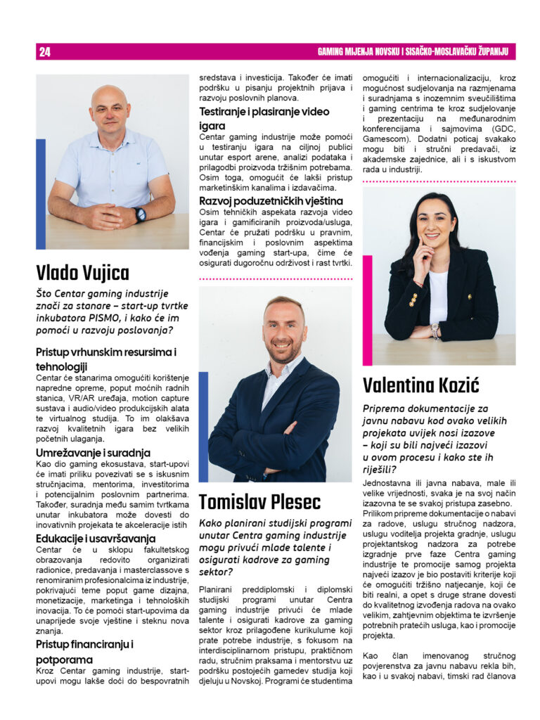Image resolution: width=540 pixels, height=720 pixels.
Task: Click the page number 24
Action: pos(45,52)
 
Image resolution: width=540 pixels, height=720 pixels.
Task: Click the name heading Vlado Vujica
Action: pos(83,272)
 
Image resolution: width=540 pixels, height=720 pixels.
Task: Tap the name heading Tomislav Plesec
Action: pos(259,502)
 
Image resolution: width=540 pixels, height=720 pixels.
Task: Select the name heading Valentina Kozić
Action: pos(420,385)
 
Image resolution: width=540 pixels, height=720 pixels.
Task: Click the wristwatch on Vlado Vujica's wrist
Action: pos(141,214)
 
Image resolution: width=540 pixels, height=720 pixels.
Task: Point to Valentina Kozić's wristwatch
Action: pos(436,330)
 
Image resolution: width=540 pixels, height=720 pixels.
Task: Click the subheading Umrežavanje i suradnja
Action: pos(93,453)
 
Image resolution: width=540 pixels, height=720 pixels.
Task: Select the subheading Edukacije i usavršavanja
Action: pos(96,539)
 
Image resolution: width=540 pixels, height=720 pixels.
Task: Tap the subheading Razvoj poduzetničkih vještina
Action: pos(271,201)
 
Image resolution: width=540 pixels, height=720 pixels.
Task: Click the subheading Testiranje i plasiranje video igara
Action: pos(264,118)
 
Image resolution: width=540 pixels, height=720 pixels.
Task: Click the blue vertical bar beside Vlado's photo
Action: pos(41,193)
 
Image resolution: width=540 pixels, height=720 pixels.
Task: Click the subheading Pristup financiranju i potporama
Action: pos(85,652)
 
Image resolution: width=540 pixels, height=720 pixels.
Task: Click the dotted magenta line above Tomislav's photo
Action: pos(275,278)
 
